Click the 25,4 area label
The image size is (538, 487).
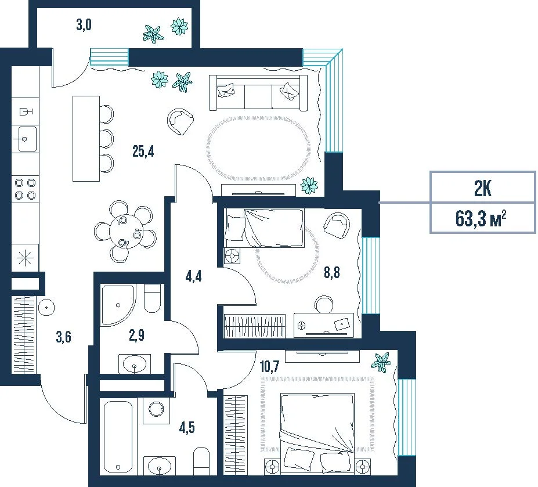(x=143, y=151)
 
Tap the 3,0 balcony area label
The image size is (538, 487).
(x=84, y=25)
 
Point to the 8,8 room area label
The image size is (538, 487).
(x=332, y=272)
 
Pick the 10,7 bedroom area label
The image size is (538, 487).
(x=270, y=366)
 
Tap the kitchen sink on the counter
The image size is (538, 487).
(x=25, y=139)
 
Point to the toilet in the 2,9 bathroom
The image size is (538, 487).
(x=152, y=298)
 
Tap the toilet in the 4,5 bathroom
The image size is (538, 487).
(x=201, y=461)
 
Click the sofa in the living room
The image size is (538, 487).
(x=258, y=93)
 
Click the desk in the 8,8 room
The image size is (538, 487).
(x=324, y=325)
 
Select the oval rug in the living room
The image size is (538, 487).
(x=258, y=147)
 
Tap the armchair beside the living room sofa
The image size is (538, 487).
(x=180, y=121)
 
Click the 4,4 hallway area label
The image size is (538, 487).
(x=193, y=276)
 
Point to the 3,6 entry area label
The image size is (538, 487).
(x=63, y=337)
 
